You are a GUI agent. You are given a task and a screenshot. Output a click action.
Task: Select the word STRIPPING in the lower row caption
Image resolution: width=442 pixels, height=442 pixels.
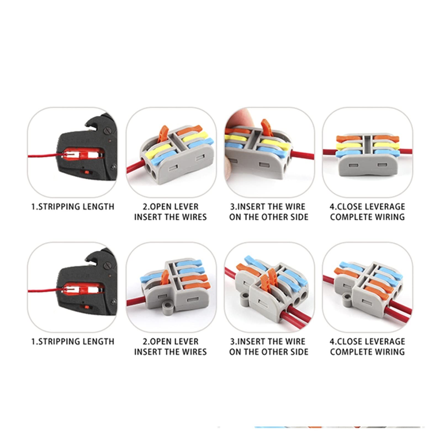(x=57, y=342)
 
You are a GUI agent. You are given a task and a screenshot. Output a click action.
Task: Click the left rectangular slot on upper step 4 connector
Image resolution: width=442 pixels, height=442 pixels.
(x=354, y=165)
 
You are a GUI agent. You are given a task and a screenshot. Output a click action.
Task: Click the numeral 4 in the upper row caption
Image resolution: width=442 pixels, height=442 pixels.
(x=332, y=207)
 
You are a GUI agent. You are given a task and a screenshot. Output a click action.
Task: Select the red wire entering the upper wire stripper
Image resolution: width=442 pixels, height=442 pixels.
(x=44, y=157)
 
